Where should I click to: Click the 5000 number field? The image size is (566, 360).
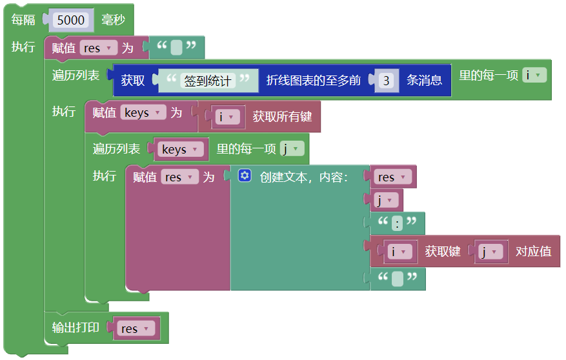(x=70, y=20)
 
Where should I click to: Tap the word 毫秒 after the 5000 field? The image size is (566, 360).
(x=113, y=20)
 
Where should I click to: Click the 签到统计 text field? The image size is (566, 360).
(x=208, y=81)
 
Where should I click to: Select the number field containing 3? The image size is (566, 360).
(x=386, y=81)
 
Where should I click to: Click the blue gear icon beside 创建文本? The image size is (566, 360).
(x=244, y=175)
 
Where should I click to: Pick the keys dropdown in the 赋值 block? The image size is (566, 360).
(x=143, y=113)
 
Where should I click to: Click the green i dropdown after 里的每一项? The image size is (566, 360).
(x=534, y=75)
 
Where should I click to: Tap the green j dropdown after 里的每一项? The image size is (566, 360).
(x=292, y=149)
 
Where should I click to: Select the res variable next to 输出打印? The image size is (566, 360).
(x=135, y=328)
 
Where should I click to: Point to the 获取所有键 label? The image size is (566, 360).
(x=282, y=117)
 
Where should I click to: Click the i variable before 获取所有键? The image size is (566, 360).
(x=227, y=117)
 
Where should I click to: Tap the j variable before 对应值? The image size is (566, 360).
(x=489, y=252)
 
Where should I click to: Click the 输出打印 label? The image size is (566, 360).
(x=76, y=327)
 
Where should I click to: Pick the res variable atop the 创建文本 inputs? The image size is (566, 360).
(x=392, y=177)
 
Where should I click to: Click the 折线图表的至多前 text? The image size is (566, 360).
(x=314, y=81)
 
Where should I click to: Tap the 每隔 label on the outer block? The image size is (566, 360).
(x=24, y=20)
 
